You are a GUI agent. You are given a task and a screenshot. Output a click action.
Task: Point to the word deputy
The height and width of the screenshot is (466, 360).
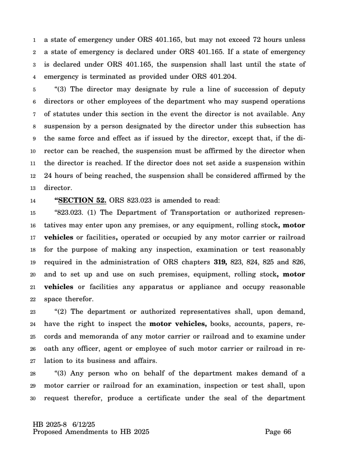[293, 89]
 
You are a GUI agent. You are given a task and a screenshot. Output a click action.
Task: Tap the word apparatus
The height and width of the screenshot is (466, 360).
[132, 287]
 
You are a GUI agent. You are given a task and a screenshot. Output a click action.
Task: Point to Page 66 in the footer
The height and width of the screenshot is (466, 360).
[278, 432]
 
